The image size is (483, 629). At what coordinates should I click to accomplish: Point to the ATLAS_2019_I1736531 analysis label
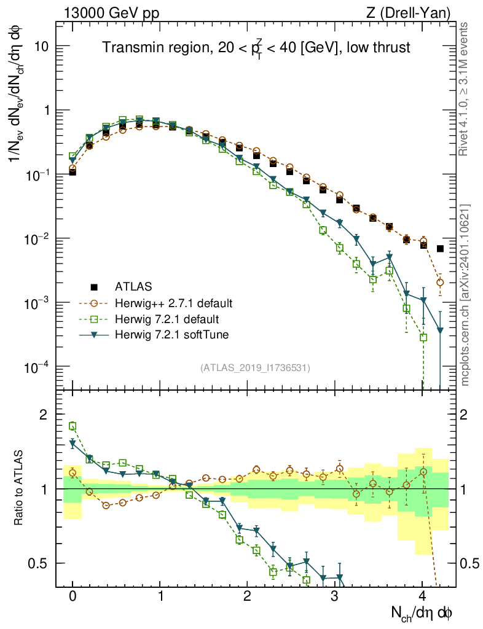pos(255,368)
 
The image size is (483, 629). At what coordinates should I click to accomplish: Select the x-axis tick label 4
pos(422,595)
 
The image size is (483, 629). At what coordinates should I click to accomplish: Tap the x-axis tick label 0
pos(73,595)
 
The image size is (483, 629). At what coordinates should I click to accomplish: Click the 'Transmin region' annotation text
pos(256,49)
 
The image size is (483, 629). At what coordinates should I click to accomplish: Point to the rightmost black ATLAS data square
pos(440,249)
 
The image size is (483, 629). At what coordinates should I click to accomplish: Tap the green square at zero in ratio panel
pos(73,426)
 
